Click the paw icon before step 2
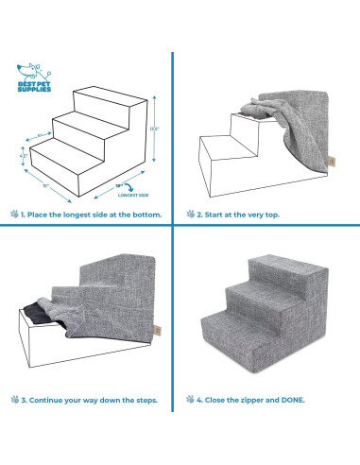point(190,215)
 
